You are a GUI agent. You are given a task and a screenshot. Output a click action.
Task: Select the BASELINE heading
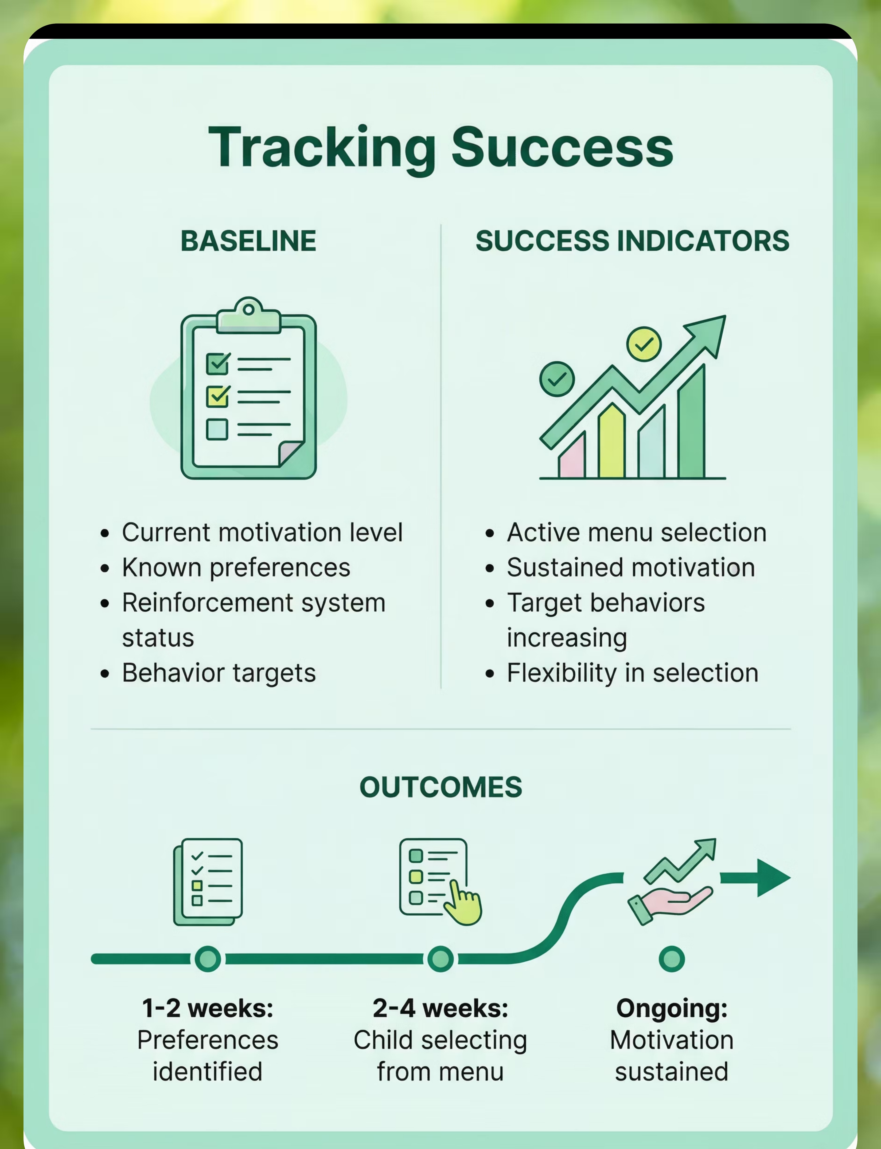[x=249, y=241]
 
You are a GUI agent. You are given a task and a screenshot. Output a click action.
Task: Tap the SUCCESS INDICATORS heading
[x=632, y=241]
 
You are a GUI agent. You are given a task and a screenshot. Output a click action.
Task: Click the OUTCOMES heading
[x=440, y=787]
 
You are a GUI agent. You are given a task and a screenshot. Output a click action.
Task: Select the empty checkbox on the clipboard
[x=217, y=429]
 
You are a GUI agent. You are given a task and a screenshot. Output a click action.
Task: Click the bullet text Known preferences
[x=236, y=568]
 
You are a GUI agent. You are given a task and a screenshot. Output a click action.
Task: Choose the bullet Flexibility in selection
[x=632, y=673]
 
